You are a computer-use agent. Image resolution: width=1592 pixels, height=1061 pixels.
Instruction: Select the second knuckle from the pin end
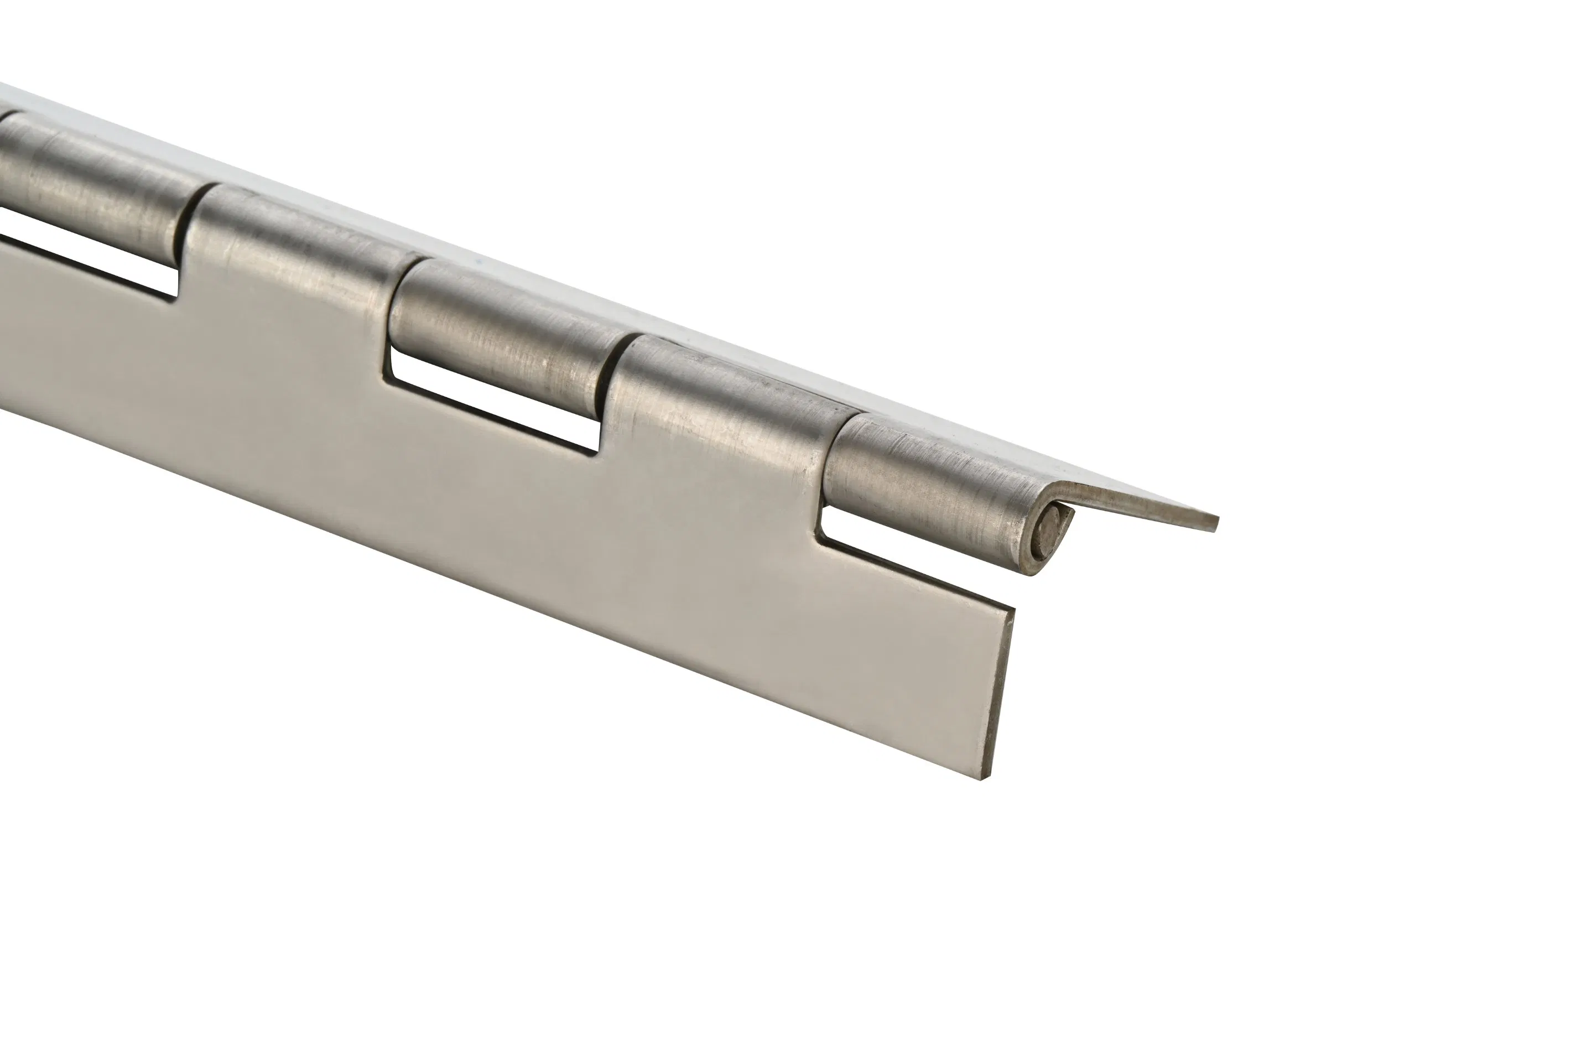pyautogui.click(x=731, y=399)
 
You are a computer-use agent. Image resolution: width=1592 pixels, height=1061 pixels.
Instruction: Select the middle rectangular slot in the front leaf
pyautogui.click(x=494, y=406)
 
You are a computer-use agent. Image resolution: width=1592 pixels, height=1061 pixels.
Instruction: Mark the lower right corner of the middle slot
pyautogui.click(x=597, y=452)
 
